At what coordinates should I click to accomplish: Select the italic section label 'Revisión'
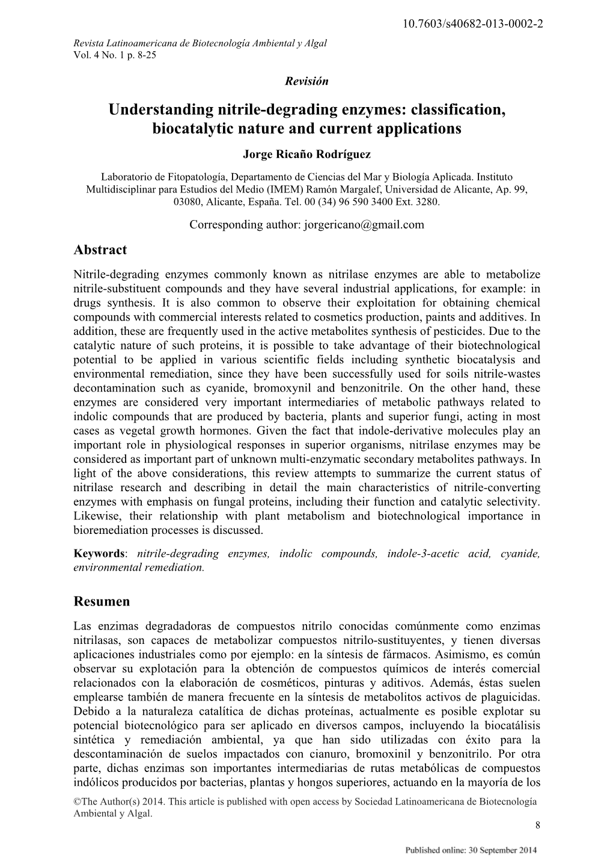pyautogui.click(x=306, y=81)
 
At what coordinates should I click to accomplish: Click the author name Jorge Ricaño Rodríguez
pyautogui.click(x=306, y=155)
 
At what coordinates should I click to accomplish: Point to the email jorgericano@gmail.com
pyautogui.click(x=364, y=225)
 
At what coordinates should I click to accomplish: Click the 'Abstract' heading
pyautogui.click(x=100, y=250)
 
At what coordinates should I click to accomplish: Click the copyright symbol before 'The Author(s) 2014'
pyautogui.click(x=76, y=802)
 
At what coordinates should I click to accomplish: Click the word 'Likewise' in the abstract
pyautogui.click(x=93, y=516)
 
